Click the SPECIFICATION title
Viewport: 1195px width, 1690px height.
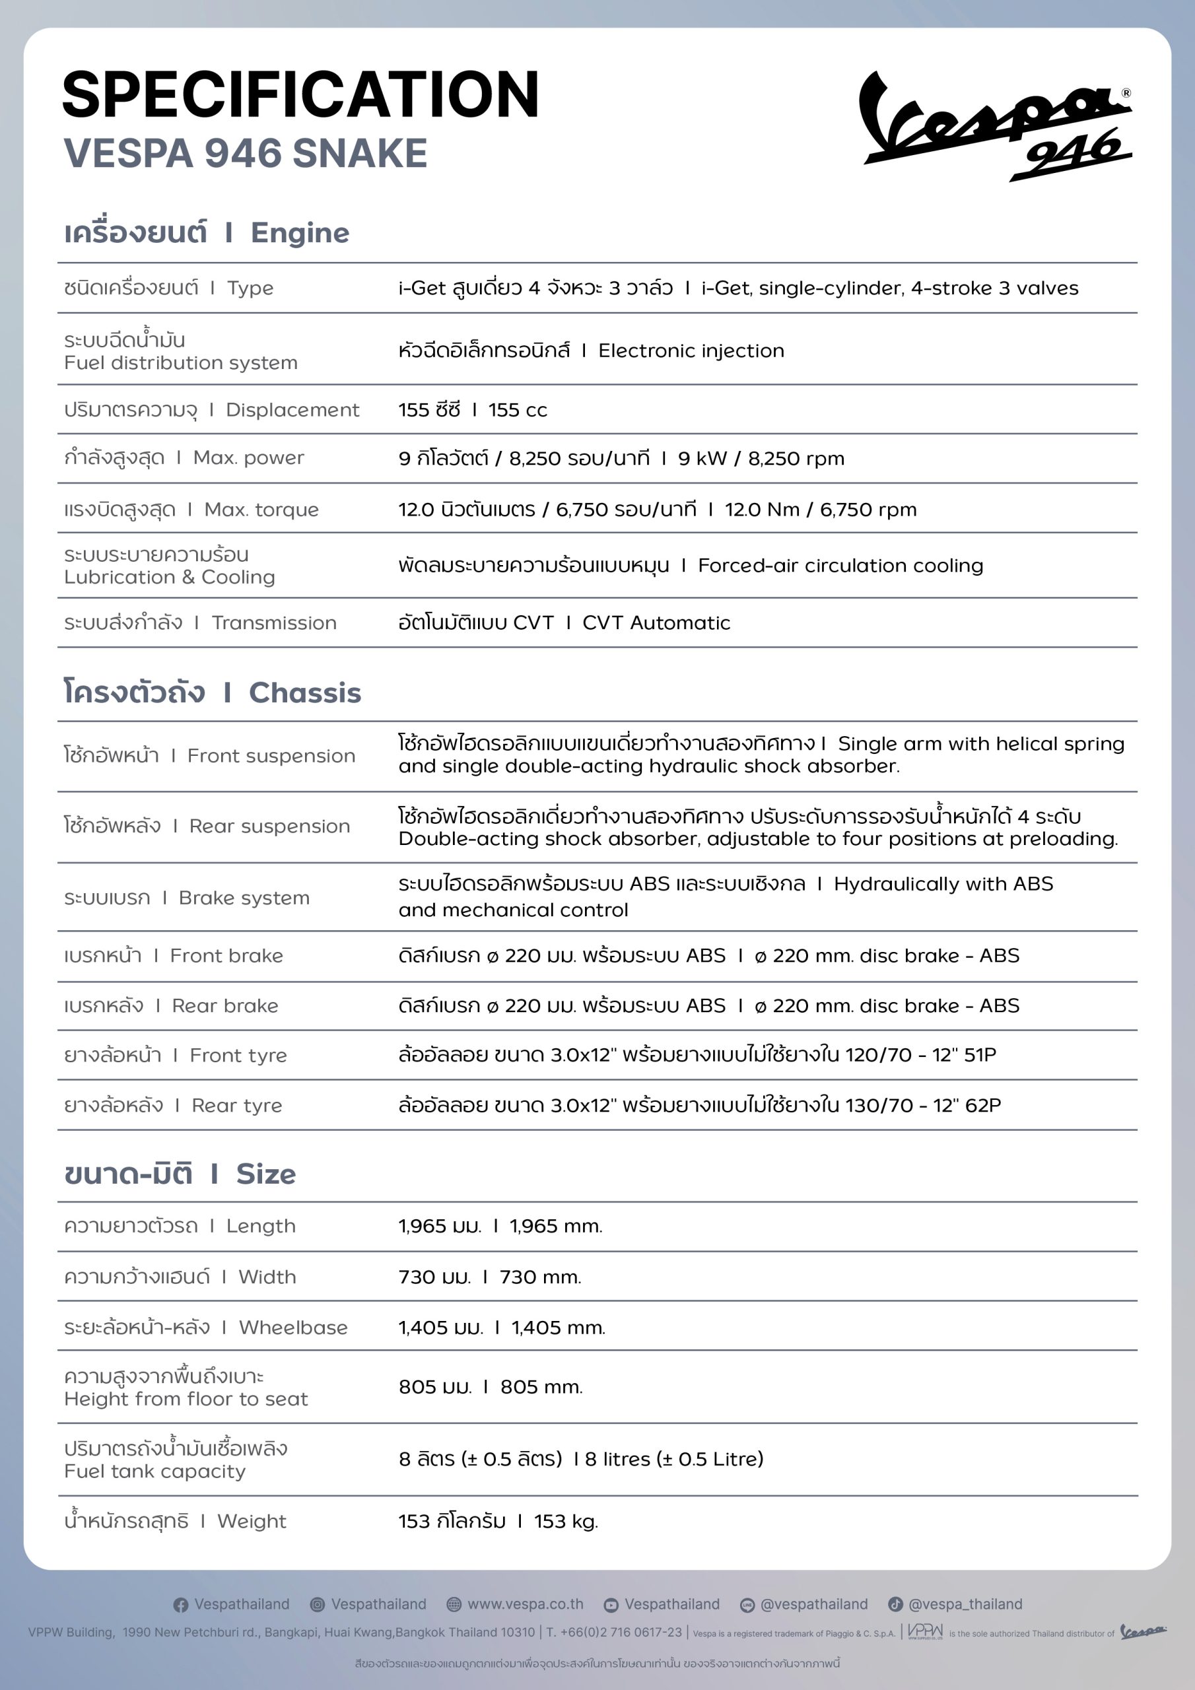coord(300,95)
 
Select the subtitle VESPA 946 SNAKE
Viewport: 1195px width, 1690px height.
coord(245,153)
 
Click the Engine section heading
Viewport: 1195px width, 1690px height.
coord(299,233)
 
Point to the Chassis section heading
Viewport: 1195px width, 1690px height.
coord(304,693)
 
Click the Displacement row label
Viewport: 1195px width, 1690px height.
coord(292,410)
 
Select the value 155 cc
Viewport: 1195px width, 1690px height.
coord(518,410)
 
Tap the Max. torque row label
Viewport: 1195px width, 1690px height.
coord(261,510)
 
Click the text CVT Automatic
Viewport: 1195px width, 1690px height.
coord(656,623)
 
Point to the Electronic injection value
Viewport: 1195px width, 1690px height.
coord(691,351)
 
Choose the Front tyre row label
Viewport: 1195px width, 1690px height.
coord(238,1056)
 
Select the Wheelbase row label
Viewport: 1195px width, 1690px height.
coord(292,1327)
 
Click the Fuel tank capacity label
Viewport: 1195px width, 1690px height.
coord(154,1471)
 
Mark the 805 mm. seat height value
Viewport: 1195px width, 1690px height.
coord(541,1387)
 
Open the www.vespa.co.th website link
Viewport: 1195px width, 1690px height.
coord(525,1604)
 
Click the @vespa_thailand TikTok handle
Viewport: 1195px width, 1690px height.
coord(965,1604)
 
